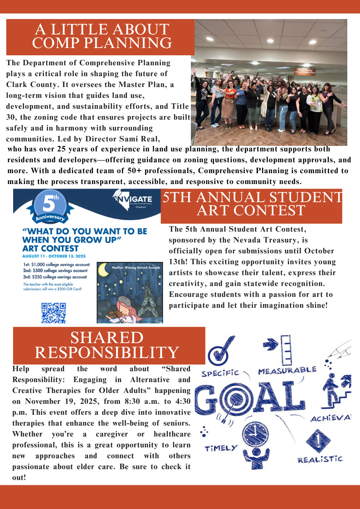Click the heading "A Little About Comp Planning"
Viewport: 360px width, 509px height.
coord(102,36)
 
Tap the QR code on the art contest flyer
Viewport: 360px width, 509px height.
coord(54,313)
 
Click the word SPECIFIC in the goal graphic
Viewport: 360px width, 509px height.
coord(220,373)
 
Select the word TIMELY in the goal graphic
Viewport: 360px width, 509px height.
coord(221,448)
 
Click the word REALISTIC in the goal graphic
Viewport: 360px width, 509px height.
coord(320,459)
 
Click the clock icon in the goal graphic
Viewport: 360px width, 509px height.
coord(255,434)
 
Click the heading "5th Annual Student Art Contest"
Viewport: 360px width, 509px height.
coord(251,204)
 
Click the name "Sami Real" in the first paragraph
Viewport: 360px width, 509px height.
coord(139,138)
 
